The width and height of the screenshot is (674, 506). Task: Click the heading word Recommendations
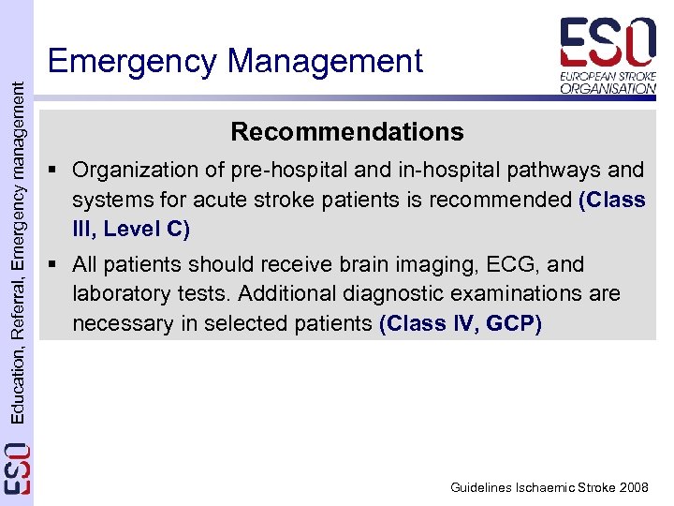click(x=346, y=131)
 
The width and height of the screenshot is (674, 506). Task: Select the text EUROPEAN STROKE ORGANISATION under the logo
click(x=608, y=82)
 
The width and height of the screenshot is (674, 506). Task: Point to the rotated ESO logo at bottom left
click(x=16, y=469)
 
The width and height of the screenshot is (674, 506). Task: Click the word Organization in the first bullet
click(x=132, y=170)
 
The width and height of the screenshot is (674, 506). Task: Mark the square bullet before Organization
click(x=58, y=170)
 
